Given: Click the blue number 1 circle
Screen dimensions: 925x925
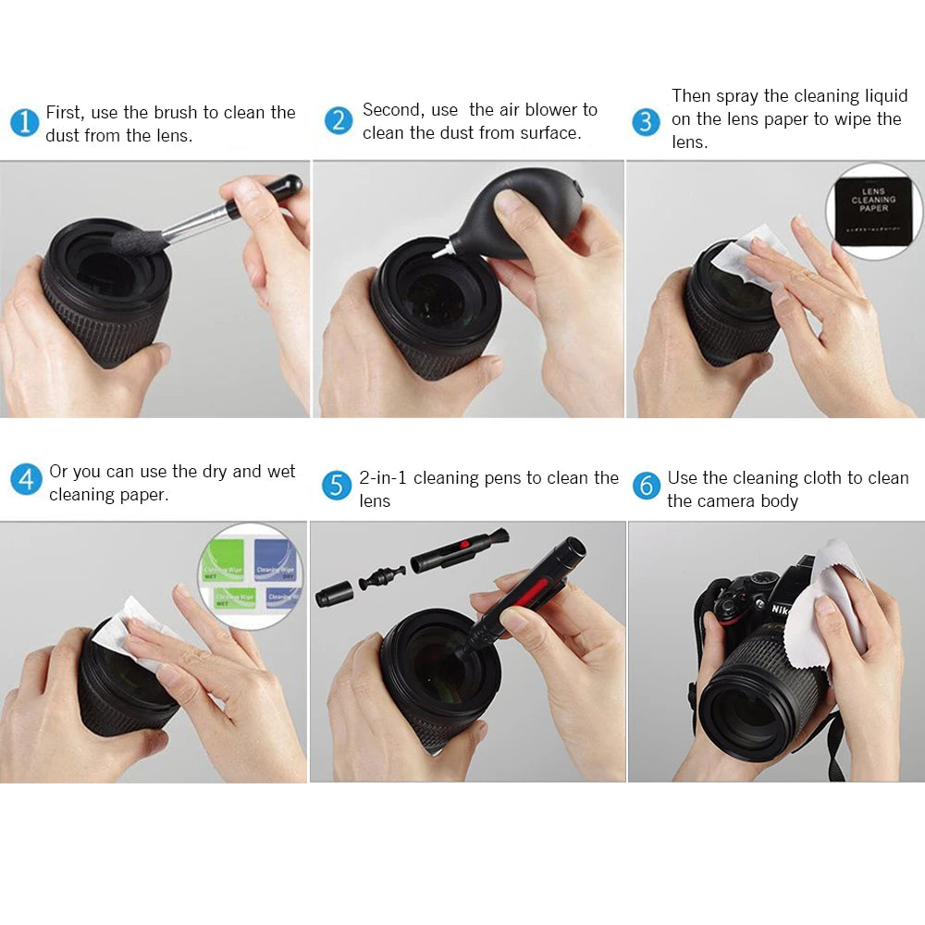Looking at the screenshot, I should click(x=25, y=123).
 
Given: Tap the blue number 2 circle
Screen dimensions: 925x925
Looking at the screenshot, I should click(x=339, y=120).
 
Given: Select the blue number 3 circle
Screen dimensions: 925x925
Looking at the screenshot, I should click(x=646, y=122).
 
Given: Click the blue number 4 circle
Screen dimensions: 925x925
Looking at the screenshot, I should click(x=26, y=479).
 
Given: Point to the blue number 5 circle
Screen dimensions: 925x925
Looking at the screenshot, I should click(x=337, y=486).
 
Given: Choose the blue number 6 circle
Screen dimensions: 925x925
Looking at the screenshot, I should click(x=646, y=486).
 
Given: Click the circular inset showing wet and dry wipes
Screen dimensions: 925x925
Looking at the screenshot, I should click(x=252, y=575).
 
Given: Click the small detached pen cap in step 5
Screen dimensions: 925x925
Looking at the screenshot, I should click(x=334, y=593).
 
